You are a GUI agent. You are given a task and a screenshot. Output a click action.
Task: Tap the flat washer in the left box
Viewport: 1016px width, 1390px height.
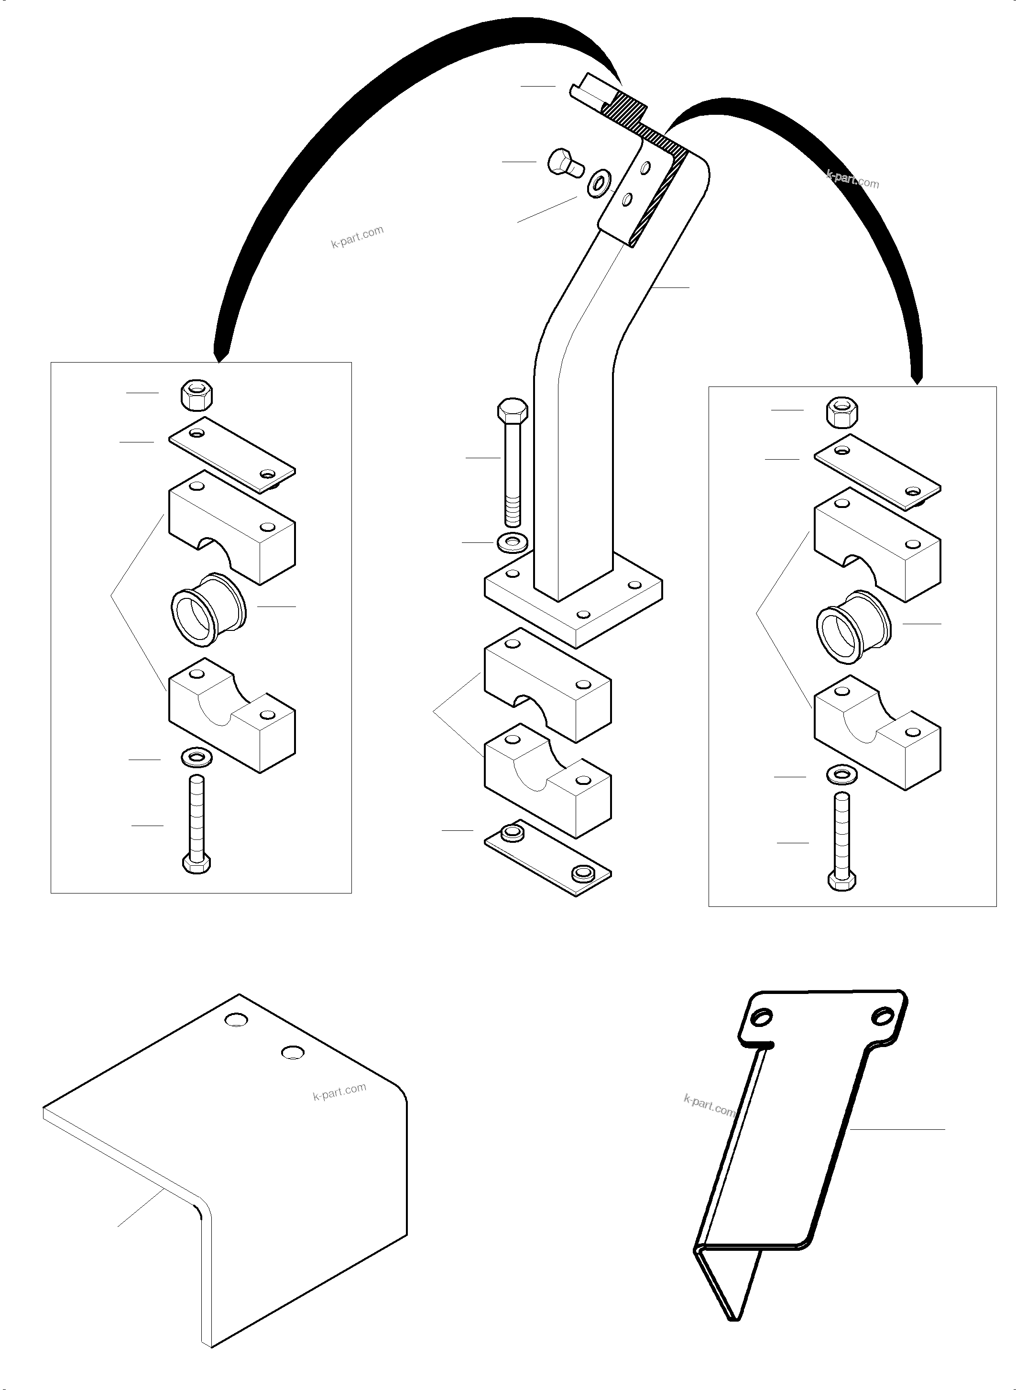click(196, 758)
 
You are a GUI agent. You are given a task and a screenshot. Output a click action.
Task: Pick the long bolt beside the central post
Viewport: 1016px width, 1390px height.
click(512, 462)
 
